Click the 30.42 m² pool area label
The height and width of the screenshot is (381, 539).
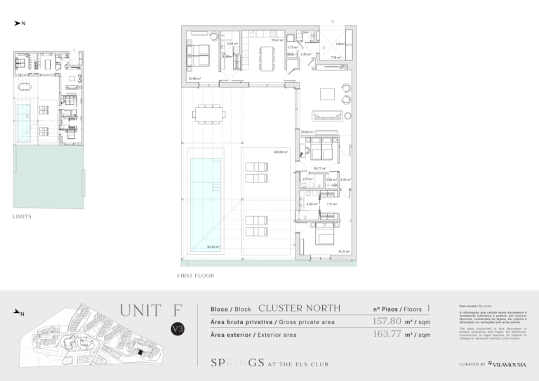coord(213,246)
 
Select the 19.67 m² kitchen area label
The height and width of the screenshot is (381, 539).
coord(278,40)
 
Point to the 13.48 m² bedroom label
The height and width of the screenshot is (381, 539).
coord(194,79)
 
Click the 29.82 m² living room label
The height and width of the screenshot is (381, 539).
coord(306,131)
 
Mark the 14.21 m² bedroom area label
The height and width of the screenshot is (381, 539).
coord(344,250)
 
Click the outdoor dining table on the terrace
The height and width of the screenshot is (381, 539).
coord(210,113)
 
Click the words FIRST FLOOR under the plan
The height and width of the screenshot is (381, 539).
coord(196,276)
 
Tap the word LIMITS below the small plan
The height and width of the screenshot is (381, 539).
coord(22,217)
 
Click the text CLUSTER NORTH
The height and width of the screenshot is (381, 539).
coord(300,308)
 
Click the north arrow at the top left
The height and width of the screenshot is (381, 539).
coord(20,23)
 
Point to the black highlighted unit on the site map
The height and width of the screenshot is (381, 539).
coord(140,352)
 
